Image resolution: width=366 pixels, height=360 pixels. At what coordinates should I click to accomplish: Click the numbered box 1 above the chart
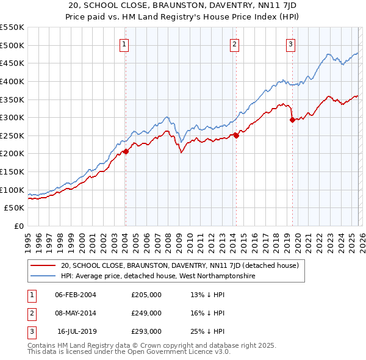point(124,43)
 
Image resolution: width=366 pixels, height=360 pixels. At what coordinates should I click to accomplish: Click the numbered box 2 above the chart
point(235,43)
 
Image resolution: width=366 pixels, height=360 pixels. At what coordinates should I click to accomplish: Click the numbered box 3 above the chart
point(291,43)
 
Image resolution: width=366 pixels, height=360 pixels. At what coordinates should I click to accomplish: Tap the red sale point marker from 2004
point(126,151)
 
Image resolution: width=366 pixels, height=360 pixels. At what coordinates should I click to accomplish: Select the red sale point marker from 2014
point(236,135)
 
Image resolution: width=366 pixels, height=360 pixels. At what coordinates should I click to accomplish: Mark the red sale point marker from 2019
point(292,120)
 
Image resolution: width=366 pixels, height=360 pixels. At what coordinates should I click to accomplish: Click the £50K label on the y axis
point(15,208)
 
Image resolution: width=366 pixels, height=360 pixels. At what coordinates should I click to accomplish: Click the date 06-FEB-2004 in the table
point(76,295)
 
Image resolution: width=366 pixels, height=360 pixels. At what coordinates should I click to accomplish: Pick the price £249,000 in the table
point(146,313)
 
